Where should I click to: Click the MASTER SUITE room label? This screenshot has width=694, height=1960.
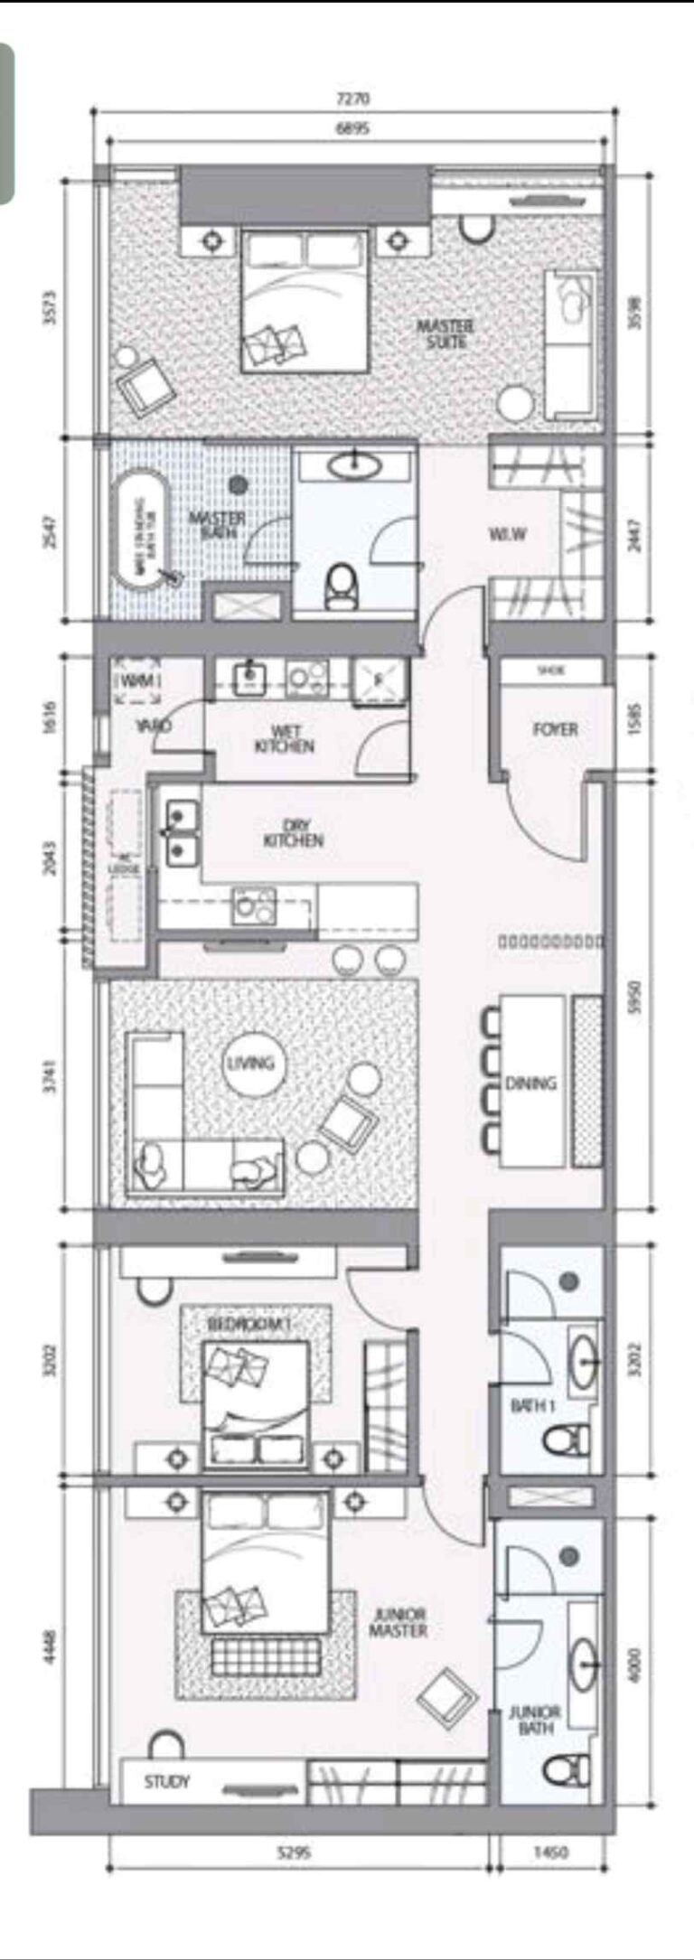pyautogui.click(x=445, y=333)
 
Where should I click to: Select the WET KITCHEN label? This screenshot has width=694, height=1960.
pyautogui.click(x=284, y=738)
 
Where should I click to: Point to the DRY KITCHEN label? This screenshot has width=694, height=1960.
pyautogui.click(x=293, y=832)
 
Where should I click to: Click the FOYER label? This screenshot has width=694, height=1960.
pyautogui.click(x=555, y=728)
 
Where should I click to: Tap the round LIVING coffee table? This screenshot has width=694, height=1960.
pyautogui.click(x=250, y=1063)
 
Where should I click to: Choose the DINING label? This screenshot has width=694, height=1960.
pyautogui.click(x=530, y=1082)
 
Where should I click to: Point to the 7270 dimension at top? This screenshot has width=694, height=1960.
pyautogui.click(x=352, y=98)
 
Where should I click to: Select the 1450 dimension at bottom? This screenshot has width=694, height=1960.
pyautogui.click(x=550, y=1852)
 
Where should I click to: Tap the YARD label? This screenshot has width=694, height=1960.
pyautogui.click(x=154, y=726)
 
